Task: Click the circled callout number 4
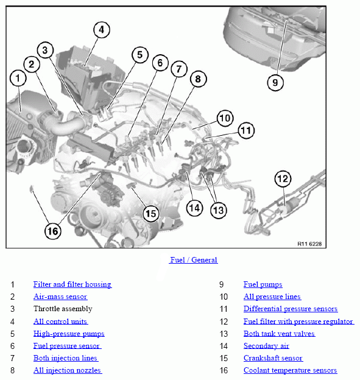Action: pyautogui.click(x=102, y=30)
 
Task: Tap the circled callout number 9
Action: pyautogui.click(x=275, y=83)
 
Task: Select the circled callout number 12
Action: pyautogui.click(x=283, y=179)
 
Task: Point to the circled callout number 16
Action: pyautogui.click(x=53, y=231)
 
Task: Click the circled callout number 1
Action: pyautogui.click(x=18, y=78)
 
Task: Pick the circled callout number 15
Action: pyautogui.click(x=151, y=214)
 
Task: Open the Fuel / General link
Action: pyautogui.click(x=194, y=260)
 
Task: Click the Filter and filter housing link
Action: pyautogui.click(x=72, y=284)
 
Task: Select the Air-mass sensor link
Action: pyautogui.click(x=60, y=297)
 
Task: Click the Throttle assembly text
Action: pyautogui.click(x=63, y=309)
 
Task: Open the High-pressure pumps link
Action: pyautogui.click(x=69, y=334)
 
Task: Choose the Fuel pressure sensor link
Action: pyautogui.click(x=67, y=346)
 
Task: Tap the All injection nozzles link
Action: pyautogui.click(x=68, y=370)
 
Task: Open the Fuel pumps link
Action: pyautogui.click(x=263, y=284)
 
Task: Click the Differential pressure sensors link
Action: pyautogui.click(x=291, y=309)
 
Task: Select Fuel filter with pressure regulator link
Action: pyautogui.click(x=298, y=322)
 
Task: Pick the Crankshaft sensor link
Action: pyautogui.click(x=274, y=358)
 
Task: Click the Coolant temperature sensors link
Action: pyautogui.click(x=291, y=370)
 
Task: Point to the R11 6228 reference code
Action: pyautogui.click(x=309, y=244)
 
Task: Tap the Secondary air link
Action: pyautogui.click(x=266, y=346)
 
